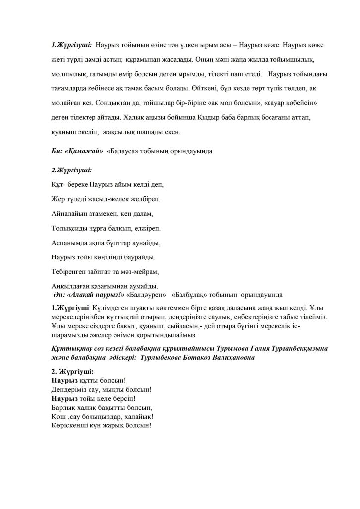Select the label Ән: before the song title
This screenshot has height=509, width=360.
tap(60, 294)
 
